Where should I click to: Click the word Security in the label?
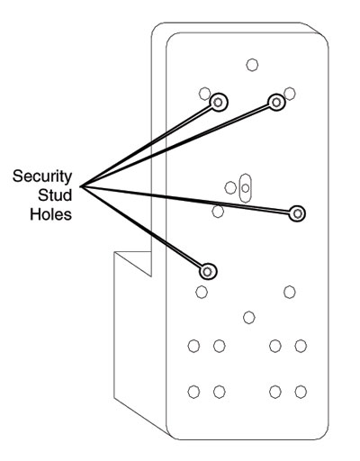[x=44, y=176]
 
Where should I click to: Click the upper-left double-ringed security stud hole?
[x=218, y=103]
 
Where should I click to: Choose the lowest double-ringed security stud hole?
[x=208, y=270]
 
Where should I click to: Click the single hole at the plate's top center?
[x=252, y=64]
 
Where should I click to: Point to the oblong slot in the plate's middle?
[x=246, y=186]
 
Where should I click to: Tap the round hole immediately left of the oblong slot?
[x=231, y=187]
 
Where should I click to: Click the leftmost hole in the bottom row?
[x=193, y=391]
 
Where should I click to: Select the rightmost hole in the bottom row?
[x=301, y=391]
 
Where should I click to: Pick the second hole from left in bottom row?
[x=219, y=391]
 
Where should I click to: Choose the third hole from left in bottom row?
[x=275, y=391]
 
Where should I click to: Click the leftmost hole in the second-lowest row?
[x=193, y=346]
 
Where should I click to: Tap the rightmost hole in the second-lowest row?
[x=301, y=346]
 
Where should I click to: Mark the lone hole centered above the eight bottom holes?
[x=249, y=316]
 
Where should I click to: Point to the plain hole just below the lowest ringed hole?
[x=202, y=291]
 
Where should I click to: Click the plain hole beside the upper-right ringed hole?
[x=290, y=92]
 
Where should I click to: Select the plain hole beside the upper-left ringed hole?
[x=205, y=92]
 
